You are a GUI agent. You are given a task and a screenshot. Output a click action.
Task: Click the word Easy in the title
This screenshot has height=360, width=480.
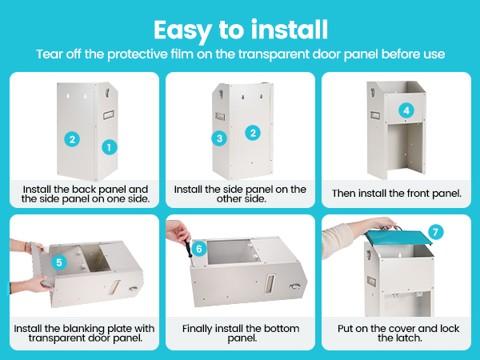click(182, 30)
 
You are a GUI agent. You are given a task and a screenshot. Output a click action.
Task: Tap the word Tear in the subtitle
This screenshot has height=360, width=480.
click(46, 54)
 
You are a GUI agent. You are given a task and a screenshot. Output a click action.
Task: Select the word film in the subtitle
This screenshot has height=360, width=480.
click(182, 54)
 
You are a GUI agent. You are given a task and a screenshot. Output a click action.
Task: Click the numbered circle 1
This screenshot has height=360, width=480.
click(110, 147)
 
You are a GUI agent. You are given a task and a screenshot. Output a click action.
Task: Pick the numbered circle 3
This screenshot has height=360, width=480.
click(219, 138)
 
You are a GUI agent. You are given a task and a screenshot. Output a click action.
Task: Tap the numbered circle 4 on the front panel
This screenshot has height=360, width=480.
click(406, 110)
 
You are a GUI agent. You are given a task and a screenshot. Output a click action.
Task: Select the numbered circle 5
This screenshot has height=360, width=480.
click(59, 262)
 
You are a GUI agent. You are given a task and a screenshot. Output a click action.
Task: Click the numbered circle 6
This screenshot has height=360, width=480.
click(199, 249)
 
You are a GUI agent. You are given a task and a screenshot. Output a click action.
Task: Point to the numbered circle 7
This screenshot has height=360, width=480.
click(436, 232)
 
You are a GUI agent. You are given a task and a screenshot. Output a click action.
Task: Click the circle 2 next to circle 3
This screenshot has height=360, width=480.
click(253, 133)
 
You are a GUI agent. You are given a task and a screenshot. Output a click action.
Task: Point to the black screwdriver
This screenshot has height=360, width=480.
click(189, 251)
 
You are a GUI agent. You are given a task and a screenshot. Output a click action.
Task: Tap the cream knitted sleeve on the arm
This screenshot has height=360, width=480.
click(337, 240)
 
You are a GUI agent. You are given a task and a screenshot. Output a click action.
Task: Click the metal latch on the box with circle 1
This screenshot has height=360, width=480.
click(107, 93)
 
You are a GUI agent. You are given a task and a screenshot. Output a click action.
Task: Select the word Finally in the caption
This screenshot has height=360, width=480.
click(197, 329)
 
